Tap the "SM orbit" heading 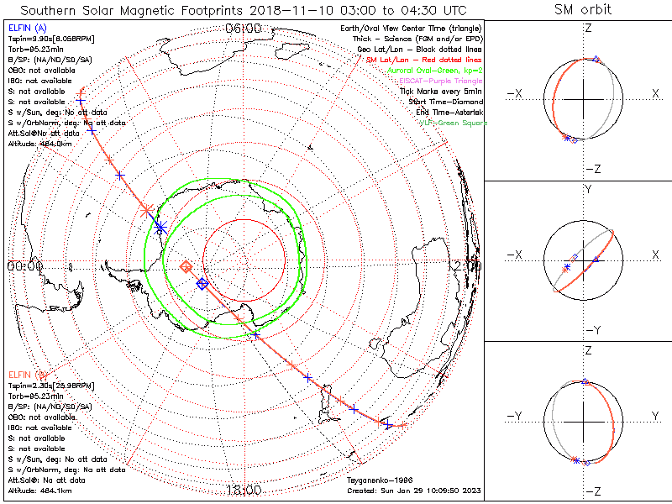[x=583, y=10]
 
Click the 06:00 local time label [x=244, y=28]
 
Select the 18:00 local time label [x=244, y=490]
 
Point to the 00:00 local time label [x=24, y=265]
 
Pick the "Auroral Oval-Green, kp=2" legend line [x=434, y=71]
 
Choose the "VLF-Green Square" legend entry [x=453, y=123]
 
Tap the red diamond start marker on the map [x=186, y=266]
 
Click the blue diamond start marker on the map [x=202, y=284]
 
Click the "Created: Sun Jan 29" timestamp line [x=413, y=490]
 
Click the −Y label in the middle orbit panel [x=588, y=330]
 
